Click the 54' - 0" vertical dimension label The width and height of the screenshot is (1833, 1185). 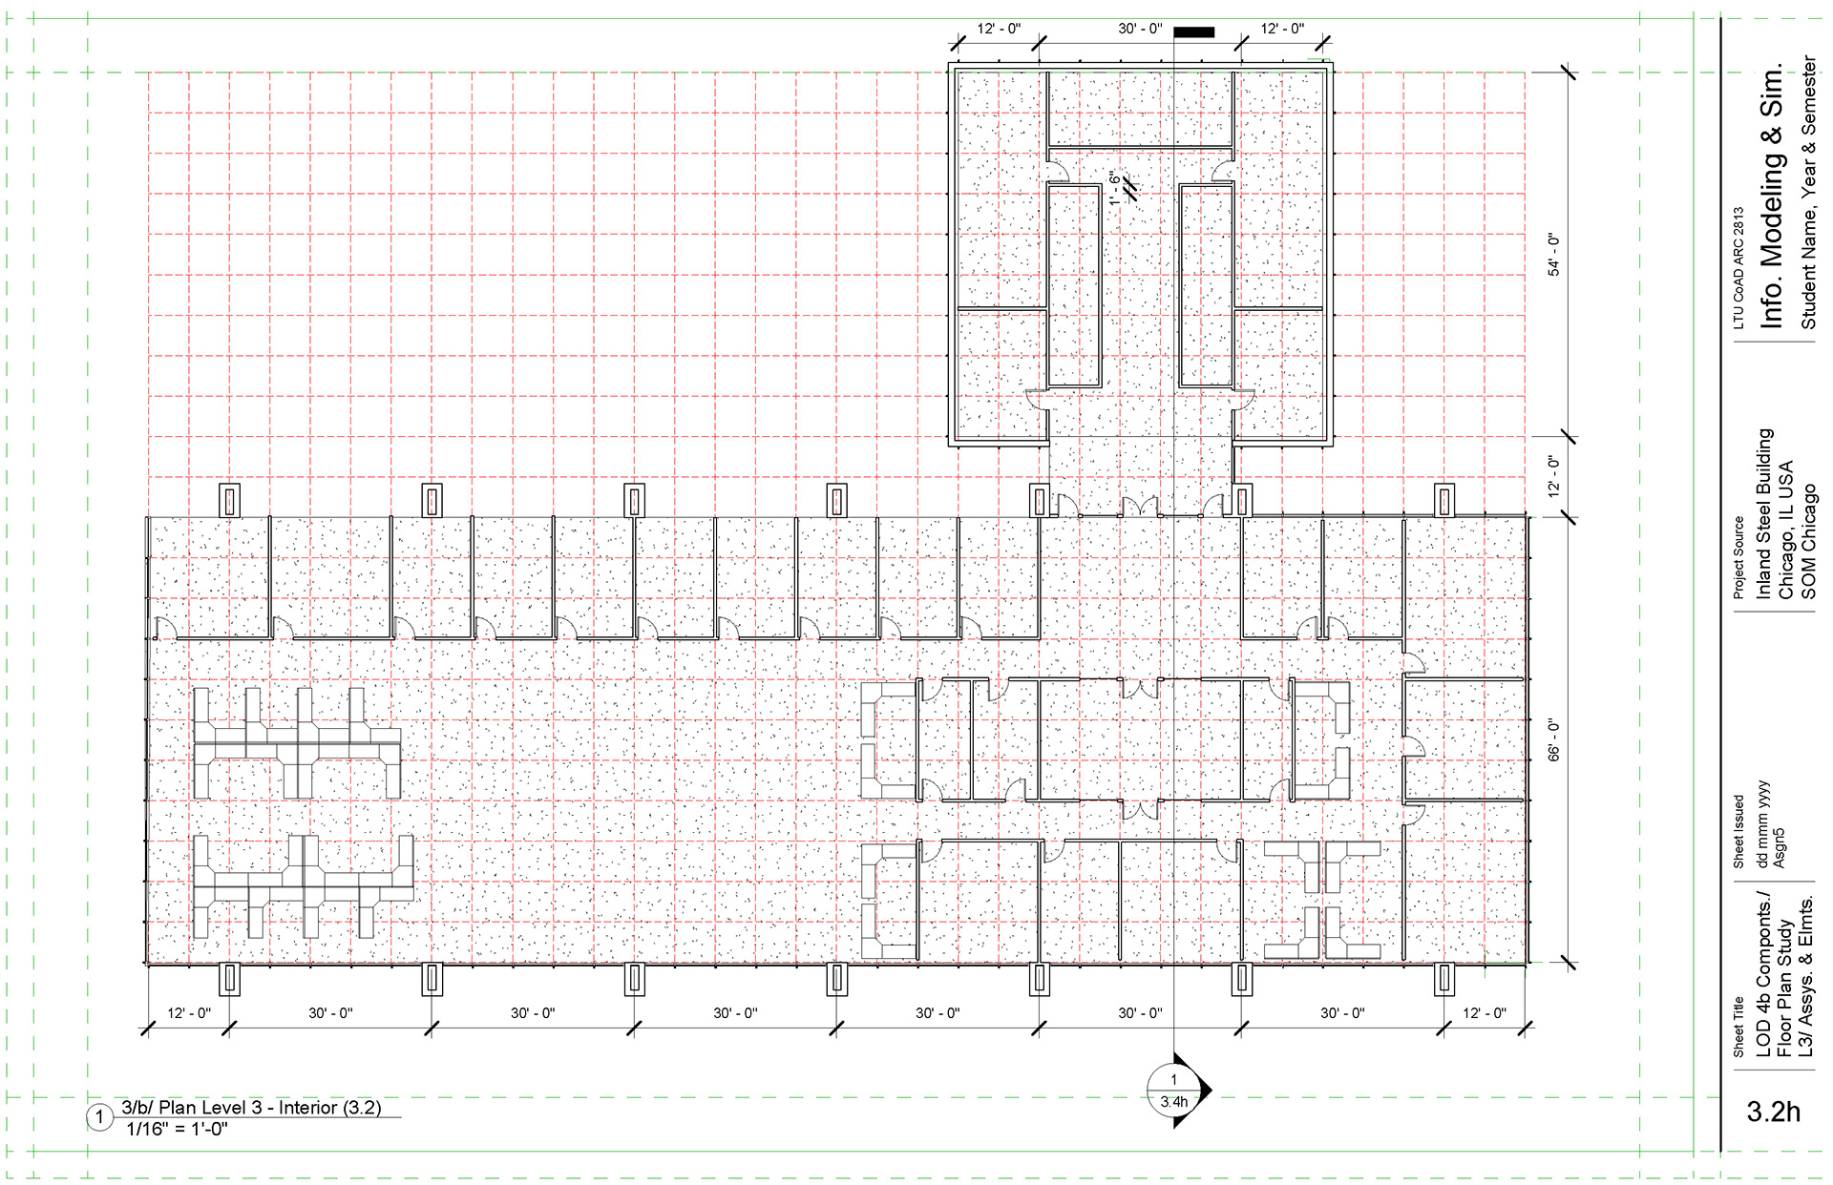click(x=1553, y=255)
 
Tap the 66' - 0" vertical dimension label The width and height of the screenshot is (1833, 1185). click(x=1553, y=739)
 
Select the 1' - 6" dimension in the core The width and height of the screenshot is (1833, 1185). click(x=1114, y=188)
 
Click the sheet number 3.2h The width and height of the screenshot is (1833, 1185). click(x=1773, y=1112)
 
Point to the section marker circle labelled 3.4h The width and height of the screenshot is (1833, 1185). click(x=1173, y=1090)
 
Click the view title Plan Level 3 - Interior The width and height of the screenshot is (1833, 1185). click(x=251, y=1108)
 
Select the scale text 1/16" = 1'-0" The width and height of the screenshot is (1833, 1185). click(x=177, y=1130)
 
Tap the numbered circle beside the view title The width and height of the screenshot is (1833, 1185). click(x=99, y=1117)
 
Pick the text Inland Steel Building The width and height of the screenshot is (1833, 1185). click(x=1764, y=513)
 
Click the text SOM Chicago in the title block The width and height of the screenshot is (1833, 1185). click(x=1808, y=542)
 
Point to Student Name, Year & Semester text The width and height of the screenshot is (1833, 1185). click(x=1808, y=192)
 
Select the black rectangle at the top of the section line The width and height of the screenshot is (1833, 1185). click(x=1193, y=32)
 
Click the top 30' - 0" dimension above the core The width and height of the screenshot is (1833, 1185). click(x=1140, y=29)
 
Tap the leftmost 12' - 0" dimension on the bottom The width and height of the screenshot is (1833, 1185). click(x=189, y=1012)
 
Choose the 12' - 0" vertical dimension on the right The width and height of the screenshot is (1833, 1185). click(x=1553, y=476)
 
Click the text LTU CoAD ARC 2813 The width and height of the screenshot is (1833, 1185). click(x=1738, y=268)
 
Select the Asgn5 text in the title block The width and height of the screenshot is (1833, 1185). click(x=1779, y=848)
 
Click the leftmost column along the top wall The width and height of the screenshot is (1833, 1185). click(x=229, y=501)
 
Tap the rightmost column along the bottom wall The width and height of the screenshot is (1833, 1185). click(x=1444, y=979)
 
